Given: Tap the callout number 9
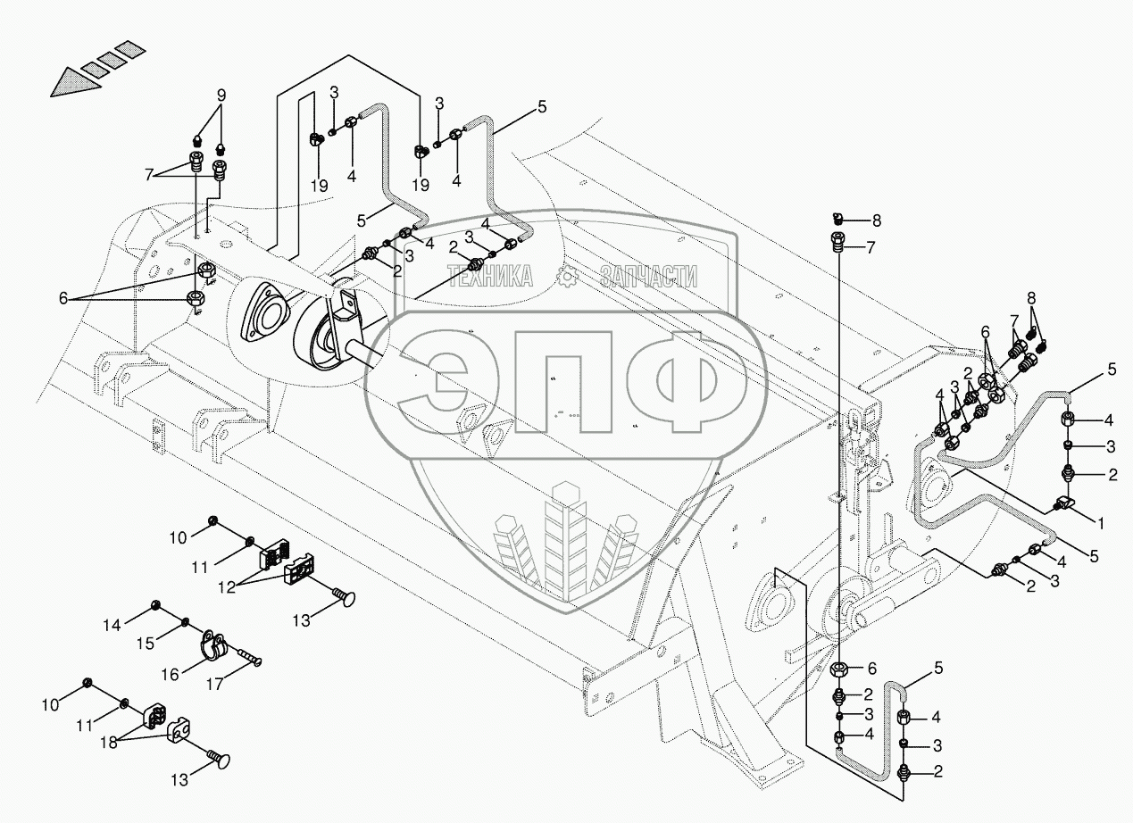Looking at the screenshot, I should pyautogui.click(x=221, y=96).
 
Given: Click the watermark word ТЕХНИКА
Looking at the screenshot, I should pyautogui.click(x=489, y=278).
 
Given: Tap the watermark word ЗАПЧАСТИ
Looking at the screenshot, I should pyautogui.click(x=648, y=278).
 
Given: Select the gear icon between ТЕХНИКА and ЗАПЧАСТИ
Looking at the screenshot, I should pyautogui.click(x=567, y=278).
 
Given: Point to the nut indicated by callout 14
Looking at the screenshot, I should pyautogui.click(x=156, y=607).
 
